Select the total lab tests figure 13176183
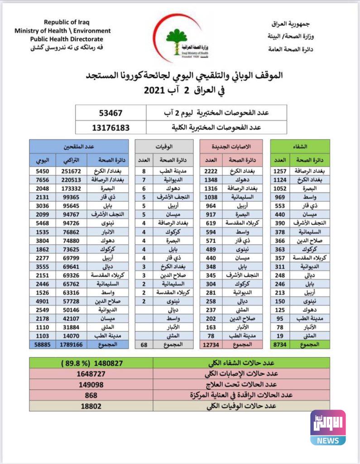click(x=110, y=127)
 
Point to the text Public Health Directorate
click(x=62, y=39)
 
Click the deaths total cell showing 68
click(x=144, y=344)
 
